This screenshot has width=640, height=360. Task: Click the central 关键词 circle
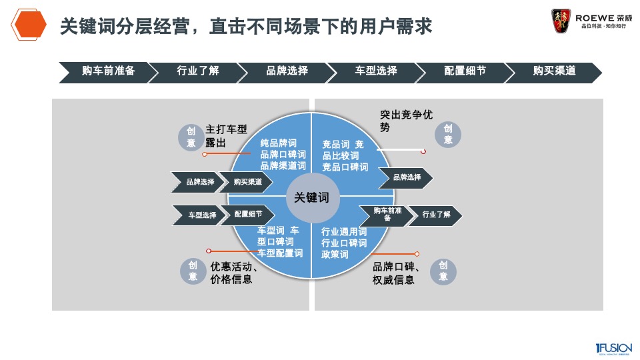coord(312,198)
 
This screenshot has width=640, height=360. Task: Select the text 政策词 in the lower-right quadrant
coord(335,254)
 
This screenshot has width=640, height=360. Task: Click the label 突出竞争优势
coord(407,121)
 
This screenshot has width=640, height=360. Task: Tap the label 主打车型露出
coord(226,136)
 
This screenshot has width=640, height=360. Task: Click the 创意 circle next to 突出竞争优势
coord(448,135)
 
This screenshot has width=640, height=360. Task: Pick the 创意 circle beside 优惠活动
coord(193,271)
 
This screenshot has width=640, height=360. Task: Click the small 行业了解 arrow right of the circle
coord(436,215)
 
